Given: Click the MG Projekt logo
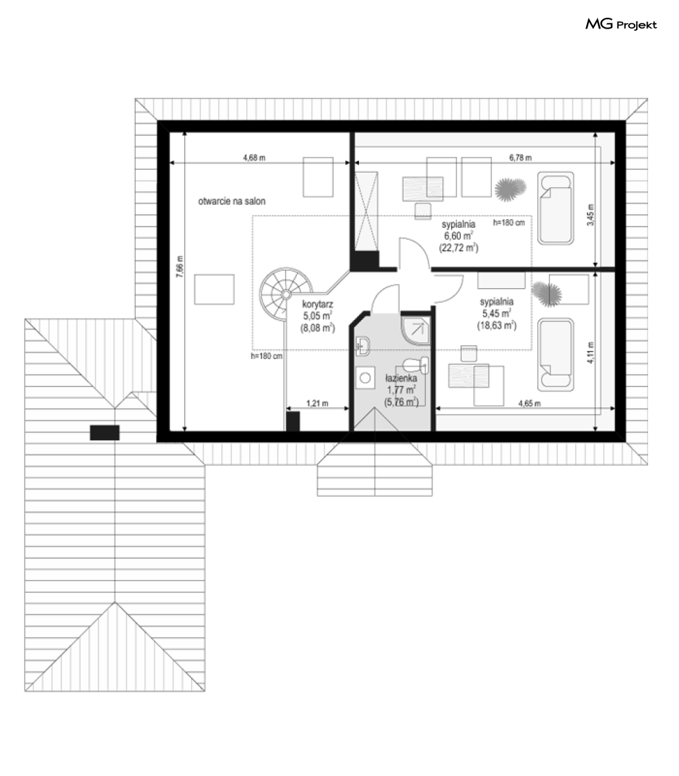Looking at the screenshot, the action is click(621, 24).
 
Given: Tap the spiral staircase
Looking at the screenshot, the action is click(286, 294).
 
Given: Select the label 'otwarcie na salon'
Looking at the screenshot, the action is click(231, 201).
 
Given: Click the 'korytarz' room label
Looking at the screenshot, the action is click(317, 304).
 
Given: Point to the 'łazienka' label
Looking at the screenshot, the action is click(401, 378).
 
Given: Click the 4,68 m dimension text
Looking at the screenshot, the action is click(254, 158).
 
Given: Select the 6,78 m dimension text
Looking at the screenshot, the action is click(520, 158).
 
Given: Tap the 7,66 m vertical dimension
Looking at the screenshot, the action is click(179, 267).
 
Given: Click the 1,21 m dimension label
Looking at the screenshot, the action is click(317, 403).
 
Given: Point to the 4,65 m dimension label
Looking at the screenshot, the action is click(529, 403).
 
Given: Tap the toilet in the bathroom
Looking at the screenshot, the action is click(416, 366).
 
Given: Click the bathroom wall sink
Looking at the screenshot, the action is click(363, 346).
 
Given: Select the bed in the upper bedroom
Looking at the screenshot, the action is click(555, 208).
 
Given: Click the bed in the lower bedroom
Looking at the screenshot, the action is click(555, 354).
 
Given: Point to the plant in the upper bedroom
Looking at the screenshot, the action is click(510, 189).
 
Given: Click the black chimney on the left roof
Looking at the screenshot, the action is click(104, 433).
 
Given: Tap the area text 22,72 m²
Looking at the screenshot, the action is click(459, 248).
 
